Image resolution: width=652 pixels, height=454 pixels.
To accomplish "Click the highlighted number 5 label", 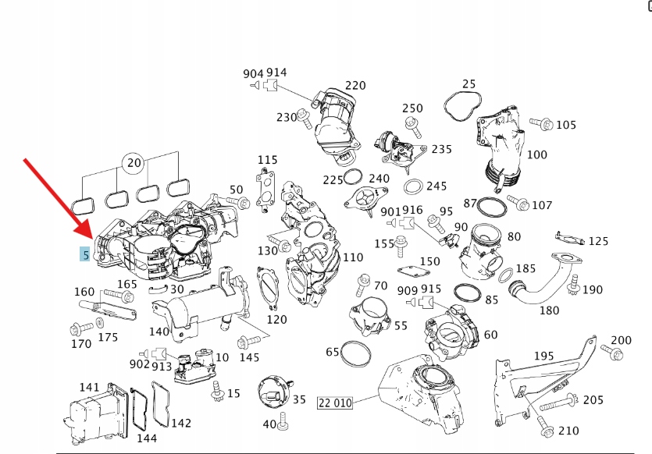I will point(84,254).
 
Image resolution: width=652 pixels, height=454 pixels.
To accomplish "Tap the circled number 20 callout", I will point(134,163).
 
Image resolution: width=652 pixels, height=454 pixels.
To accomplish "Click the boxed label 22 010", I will point(335,403).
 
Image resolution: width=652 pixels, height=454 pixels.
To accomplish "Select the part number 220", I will point(355,85).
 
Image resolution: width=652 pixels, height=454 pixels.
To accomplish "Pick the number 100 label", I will point(537,154).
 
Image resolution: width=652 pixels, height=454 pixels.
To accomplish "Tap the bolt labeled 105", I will point(539,123).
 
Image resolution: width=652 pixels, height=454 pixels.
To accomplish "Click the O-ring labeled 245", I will point(413,187).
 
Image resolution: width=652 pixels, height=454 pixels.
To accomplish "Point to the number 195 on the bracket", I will point(543,356).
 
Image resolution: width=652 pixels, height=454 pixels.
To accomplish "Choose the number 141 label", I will point(90,387).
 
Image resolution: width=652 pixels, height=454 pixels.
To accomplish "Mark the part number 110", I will point(353,257).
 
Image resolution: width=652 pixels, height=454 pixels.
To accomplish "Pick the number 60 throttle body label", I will point(490,335).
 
